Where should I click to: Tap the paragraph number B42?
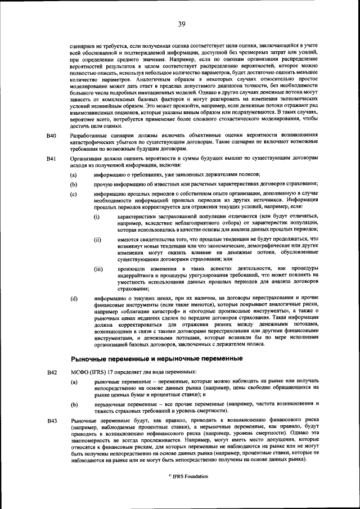(51, 372)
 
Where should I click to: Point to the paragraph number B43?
(51, 421)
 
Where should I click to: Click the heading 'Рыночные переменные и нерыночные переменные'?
(148, 358)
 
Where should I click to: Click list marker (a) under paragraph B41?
(74, 175)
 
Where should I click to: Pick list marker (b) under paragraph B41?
(74, 184)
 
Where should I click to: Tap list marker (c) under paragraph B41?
(74, 193)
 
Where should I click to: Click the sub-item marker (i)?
(97, 217)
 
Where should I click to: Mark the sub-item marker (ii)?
(97, 239)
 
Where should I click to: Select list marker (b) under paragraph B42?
(74, 404)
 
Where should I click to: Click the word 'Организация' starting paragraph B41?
(85, 159)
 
